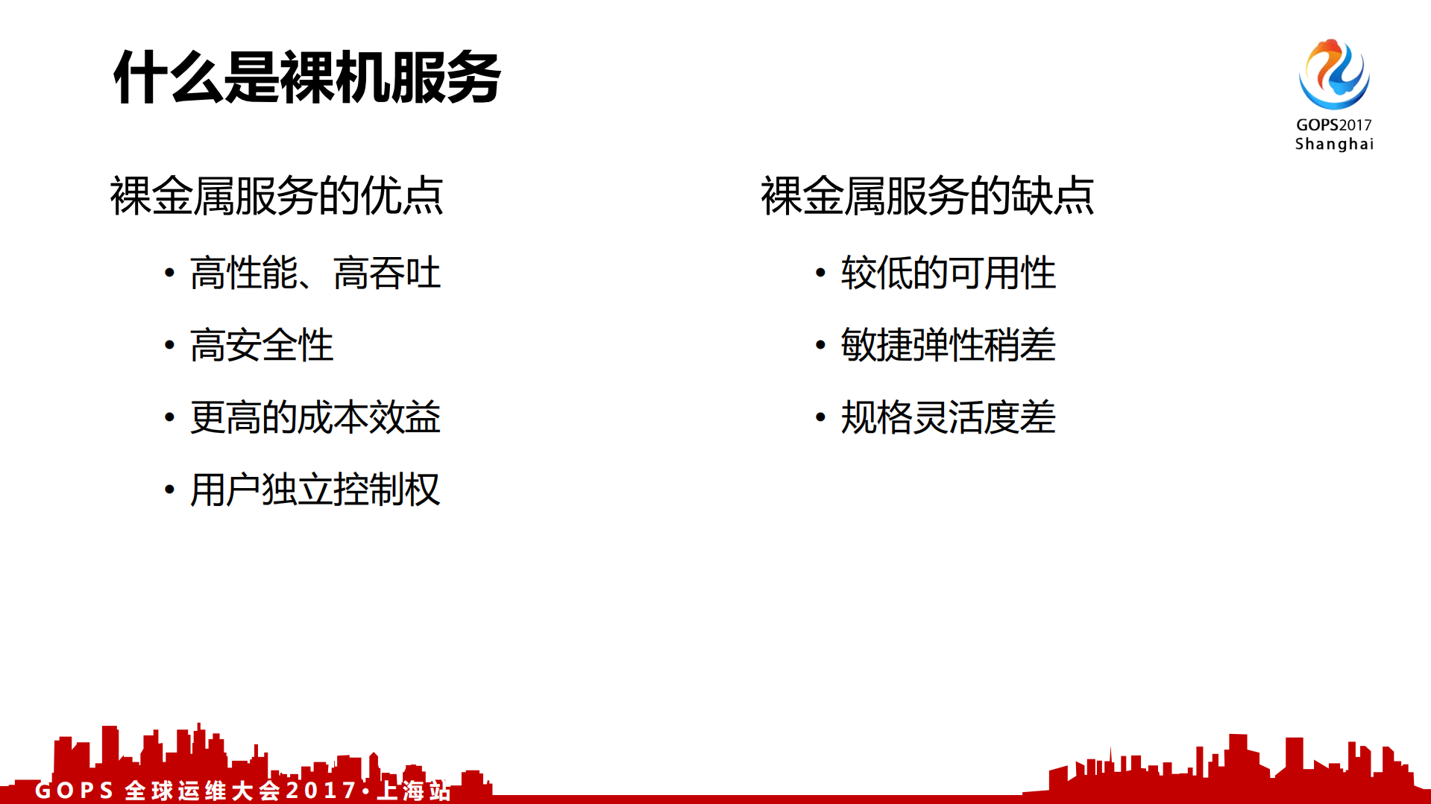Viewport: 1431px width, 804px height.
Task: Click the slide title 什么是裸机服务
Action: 306,77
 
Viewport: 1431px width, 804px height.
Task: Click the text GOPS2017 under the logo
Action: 1333,125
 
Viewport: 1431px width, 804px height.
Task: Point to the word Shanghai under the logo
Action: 1333,144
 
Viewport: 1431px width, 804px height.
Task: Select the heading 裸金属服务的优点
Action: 277,196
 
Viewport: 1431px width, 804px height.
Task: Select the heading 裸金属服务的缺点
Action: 927,196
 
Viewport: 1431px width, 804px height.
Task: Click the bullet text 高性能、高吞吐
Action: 315,273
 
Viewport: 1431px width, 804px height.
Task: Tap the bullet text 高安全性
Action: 261,345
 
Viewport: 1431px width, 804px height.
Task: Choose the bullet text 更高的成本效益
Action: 315,417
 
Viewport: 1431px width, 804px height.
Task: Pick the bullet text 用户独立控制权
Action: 315,490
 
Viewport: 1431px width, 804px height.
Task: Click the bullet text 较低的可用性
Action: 948,273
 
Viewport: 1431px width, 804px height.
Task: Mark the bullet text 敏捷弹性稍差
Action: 948,345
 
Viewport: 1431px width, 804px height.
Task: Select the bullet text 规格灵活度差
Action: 948,417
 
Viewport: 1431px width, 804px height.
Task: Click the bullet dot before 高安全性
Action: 170,345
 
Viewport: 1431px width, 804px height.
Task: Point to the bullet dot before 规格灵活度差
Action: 820,417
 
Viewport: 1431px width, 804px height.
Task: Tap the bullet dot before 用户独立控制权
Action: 170,490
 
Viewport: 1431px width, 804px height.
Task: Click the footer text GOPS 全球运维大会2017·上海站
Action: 243,790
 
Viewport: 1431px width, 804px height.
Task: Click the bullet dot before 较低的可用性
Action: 820,273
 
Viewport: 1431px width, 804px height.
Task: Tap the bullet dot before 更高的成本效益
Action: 170,417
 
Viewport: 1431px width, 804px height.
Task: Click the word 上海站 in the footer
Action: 415,790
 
